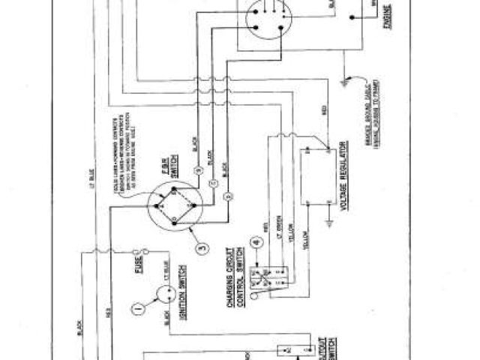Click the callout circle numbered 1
click(x=136, y=307)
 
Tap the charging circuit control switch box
click(x=271, y=277)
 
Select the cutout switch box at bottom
click(x=300, y=349)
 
